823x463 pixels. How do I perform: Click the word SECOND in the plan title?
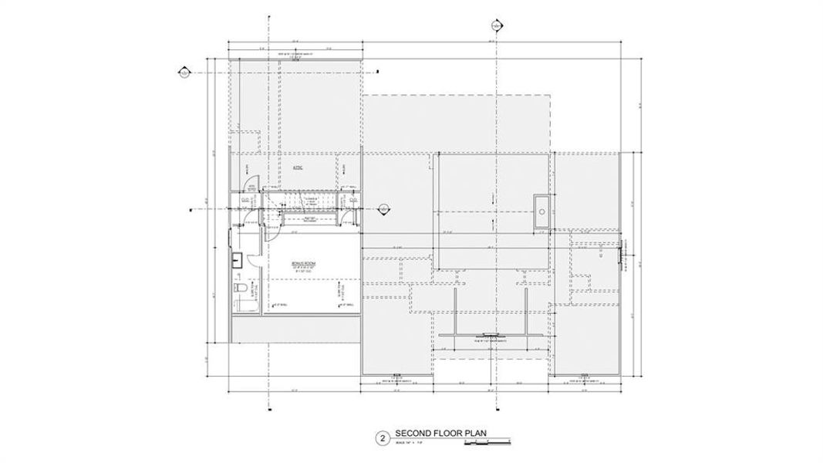pos(410,434)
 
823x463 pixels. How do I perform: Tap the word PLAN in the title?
pos(474,434)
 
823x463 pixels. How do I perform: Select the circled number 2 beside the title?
pos(382,438)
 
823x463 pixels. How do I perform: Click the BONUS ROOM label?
pos(301,264)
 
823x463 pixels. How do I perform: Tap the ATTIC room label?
pos(296,167)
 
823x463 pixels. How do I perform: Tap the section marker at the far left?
pos(184,73)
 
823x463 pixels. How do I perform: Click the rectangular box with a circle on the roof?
pos(542,210)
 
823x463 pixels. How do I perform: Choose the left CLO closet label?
pos(245,201)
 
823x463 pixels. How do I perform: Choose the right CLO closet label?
pos(352,201)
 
